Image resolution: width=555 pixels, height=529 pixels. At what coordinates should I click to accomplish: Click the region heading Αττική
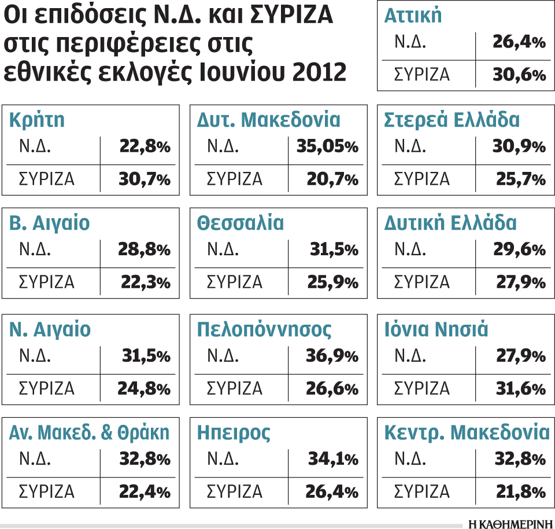click(413, 16)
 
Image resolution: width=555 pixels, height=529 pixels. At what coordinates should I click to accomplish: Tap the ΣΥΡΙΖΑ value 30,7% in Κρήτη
click(144, 180)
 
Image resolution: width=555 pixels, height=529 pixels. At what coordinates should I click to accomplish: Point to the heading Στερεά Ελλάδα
click(452, 120)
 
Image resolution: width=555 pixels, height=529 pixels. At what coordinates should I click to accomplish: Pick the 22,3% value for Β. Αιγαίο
click(145, 283)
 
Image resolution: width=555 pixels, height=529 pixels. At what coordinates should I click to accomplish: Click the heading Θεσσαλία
click(240, 223)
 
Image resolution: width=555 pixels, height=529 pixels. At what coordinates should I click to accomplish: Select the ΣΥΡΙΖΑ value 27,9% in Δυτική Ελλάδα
click(520, 283)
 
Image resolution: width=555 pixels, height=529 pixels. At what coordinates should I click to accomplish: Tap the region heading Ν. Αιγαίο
click(50, 329)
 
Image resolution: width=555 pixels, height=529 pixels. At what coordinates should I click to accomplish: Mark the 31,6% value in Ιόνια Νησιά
click(520, 388)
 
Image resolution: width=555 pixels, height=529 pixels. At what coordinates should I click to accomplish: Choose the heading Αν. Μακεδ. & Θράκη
click(90, 432)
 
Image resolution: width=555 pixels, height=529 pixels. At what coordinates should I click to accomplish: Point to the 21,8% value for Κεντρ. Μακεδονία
click(520, 493)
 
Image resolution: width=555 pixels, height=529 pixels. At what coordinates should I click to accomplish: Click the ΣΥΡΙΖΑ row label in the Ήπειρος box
click(235, 493)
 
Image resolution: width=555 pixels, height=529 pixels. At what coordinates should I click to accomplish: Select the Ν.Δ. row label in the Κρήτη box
click(35, 147)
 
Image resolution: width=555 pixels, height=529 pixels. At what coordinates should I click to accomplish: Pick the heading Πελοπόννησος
click(264, 329)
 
